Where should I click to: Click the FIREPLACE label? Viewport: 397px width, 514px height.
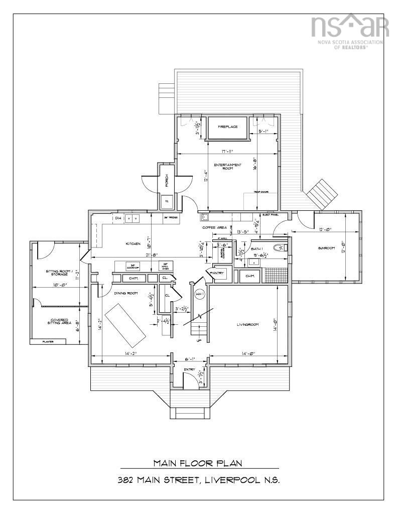(227, 127)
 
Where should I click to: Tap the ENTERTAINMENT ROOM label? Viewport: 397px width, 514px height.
(227, 167)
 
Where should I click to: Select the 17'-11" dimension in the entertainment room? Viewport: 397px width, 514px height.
(227, 152)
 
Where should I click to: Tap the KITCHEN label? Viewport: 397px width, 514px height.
(133, 244)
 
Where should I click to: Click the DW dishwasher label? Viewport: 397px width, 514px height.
(104, 218)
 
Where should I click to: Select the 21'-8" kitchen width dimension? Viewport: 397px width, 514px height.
(151, 255)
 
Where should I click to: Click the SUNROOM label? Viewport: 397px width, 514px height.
(327, 248)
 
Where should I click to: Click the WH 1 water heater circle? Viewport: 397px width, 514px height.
(199, 294)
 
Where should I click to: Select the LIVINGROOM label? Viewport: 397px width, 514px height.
(247, 325)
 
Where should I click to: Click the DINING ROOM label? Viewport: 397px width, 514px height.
(125, 293)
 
